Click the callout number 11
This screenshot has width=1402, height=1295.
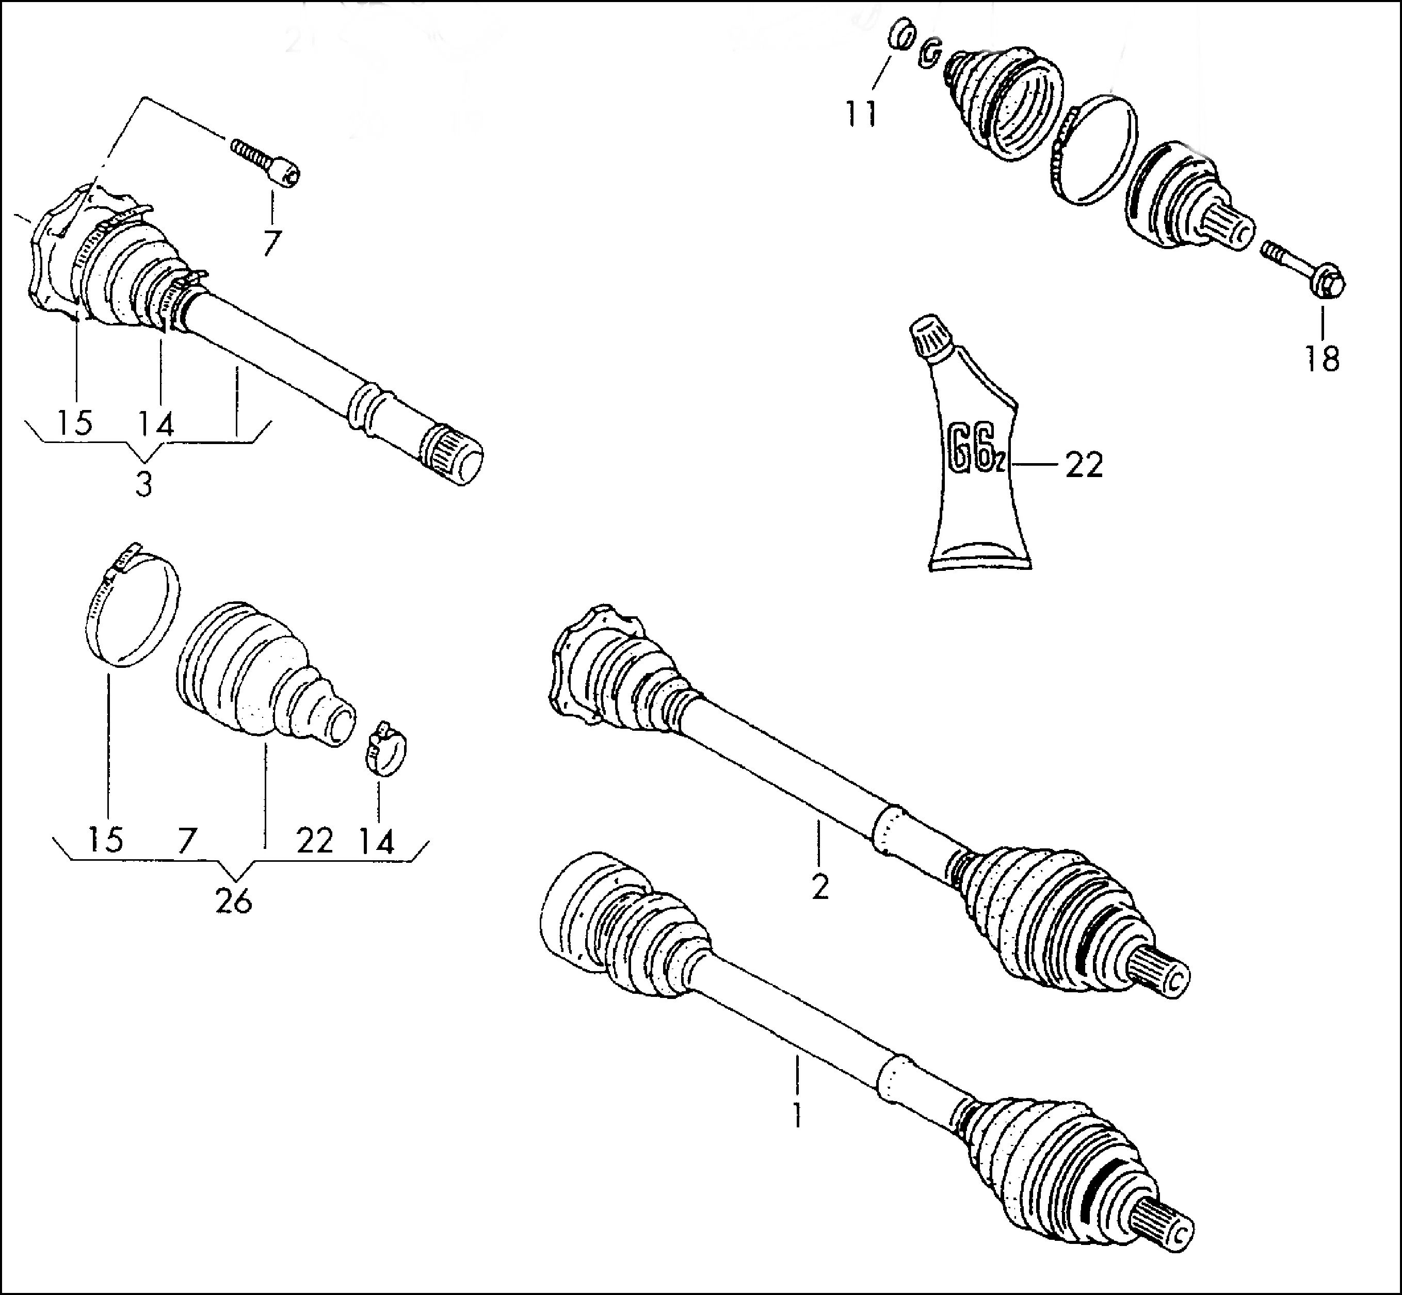click(x=861, y=113)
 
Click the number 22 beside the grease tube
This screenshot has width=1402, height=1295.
click(x=1085, y=465)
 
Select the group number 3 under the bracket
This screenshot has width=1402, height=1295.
click(x=143, y=484)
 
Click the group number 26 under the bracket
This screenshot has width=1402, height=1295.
click(x=233, y=902)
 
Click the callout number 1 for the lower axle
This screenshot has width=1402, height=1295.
click(x=797, y=1114)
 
